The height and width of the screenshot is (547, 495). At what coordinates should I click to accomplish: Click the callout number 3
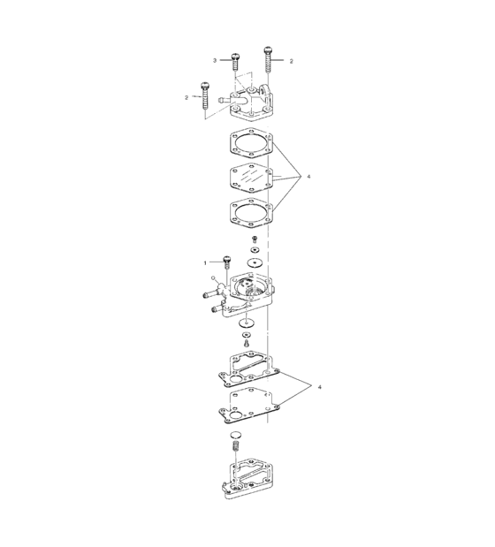pyautogui.click(x=214, y=60)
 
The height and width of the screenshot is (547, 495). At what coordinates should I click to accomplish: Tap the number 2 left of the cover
pyautogui.click(x=186, y=96)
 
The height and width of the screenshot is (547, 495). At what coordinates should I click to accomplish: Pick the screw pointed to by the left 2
pyautogui.click(x=205, y=95)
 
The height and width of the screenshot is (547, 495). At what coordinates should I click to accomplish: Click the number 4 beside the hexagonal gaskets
pyautogui.click(x=308, y=178)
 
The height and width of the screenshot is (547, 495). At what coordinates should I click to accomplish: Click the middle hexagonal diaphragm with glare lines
pyautogui.click(x=252, y=179)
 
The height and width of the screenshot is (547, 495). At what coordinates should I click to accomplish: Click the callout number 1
pyautogui.click(x=205, y=262)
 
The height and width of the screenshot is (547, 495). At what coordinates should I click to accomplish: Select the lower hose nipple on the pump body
pyautogui.click(x=217, y=309)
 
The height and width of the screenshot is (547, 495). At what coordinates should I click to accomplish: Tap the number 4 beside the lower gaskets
pyautogui.click(x=319, y=387)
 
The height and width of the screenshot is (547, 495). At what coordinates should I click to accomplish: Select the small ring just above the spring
pyautogui.click(x=236, y=437)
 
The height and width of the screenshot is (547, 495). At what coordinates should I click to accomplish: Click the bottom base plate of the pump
pyautogui.click(x=247, y=489)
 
